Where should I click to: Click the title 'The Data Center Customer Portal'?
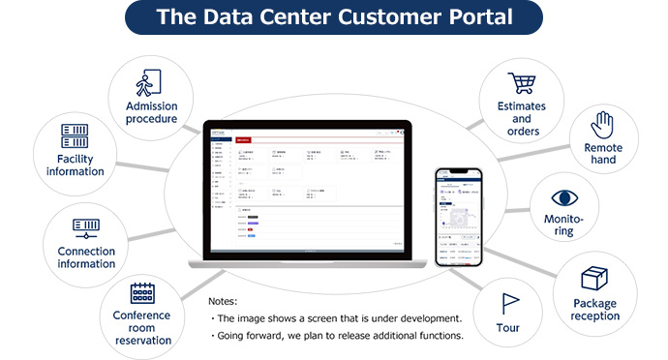click(x=333, y=17)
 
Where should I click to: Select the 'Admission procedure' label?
click(x=151, y=112)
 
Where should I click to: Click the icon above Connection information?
click(x=86, y=228)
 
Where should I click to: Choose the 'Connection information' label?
click(x=86, y=257)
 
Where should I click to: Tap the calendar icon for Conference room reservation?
click(x=142, y=292)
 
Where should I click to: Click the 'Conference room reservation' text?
click(x=141, y=328)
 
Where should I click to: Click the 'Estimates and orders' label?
click(x=522, y=119)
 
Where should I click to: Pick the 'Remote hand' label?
click(x=603, y=154)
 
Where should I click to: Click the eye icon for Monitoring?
click(x=563, y=198)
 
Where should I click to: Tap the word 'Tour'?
click(x=508, y=328)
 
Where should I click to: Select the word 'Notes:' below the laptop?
click(x=223, y=301)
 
